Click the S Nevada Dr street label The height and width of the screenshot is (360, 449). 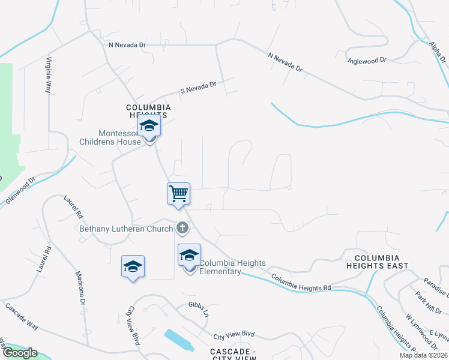(198, 88)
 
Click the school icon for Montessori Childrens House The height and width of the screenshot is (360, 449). (148, 127)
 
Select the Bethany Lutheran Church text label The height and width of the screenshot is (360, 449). (127, 229)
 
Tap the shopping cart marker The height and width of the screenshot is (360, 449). (178, 194)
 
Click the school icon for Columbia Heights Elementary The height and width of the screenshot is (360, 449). (189, 255)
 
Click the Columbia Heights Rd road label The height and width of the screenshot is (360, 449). (301, 283)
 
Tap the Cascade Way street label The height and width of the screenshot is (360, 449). (22, 317)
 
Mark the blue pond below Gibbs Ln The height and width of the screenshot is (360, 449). (178, 340)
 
